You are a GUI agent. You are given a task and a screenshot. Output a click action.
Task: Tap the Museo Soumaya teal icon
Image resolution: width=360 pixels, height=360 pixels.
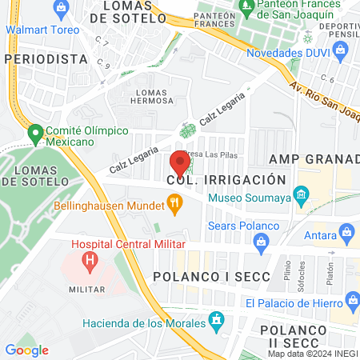coord(301,194)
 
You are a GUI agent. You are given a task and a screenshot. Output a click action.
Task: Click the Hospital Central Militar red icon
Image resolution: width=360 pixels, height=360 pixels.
coord(90,260)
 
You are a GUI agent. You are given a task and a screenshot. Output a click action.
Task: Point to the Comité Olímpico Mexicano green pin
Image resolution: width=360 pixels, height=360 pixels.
coord(34,133)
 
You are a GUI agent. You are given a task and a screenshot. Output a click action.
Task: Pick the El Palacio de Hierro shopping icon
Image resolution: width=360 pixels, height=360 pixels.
coord(350,302)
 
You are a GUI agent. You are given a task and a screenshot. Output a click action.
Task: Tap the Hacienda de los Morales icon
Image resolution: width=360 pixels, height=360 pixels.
coord(215,322)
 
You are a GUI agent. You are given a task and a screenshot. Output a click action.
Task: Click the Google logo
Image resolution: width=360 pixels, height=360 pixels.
coord(26,350)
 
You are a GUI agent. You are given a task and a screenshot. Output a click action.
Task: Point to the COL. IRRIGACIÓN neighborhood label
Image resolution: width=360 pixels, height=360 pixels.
coord(226,179)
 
